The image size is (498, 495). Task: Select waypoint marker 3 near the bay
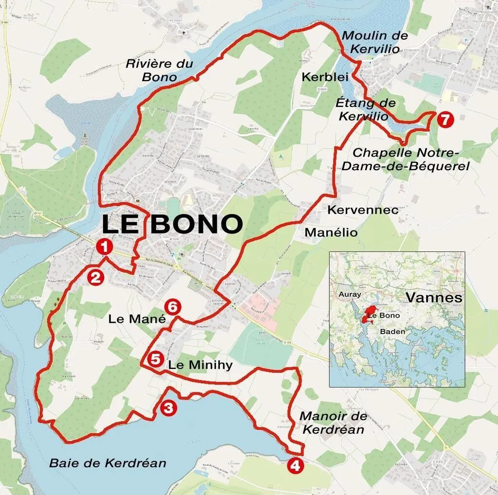168,408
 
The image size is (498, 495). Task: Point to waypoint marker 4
296,465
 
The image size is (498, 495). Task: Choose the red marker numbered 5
155,359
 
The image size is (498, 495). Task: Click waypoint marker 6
173,307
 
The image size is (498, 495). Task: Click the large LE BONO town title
172,224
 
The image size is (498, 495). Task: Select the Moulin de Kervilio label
375,42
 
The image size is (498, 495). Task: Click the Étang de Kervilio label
365,110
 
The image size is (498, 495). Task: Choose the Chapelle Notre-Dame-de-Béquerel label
405,159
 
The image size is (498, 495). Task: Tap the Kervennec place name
363,210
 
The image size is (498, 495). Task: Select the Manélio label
331,232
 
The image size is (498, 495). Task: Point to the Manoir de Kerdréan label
333,423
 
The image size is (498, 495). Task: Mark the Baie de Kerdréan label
107,463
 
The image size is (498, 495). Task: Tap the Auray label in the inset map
349,295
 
